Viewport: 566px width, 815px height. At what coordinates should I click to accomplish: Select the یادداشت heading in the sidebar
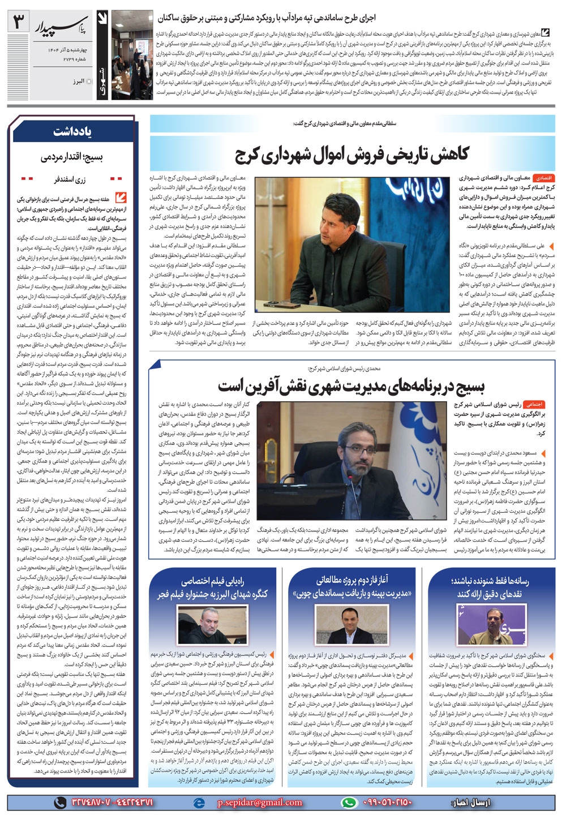[x=72, y=132]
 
